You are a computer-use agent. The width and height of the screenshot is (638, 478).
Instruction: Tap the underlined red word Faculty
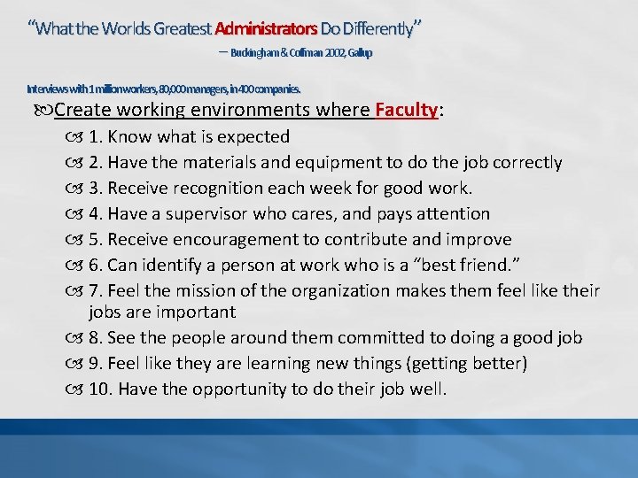coord(407,111)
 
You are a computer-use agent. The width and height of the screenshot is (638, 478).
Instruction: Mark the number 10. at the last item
coord(103,389)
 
